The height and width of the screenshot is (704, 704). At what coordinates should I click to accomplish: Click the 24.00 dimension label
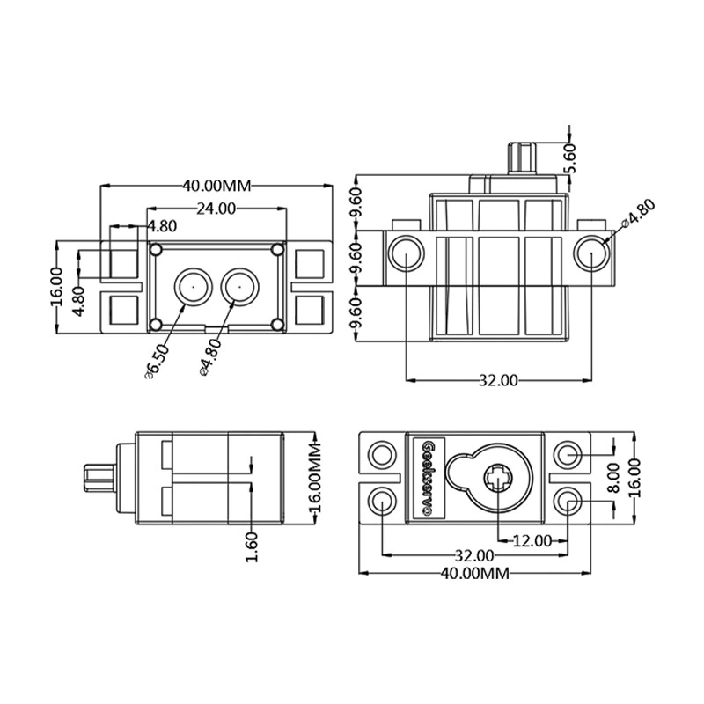(x=216, y=209)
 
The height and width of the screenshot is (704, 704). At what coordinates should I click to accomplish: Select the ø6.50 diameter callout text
(x=157, y=363)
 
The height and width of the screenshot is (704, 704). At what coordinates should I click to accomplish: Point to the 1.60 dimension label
(x=252, y=546)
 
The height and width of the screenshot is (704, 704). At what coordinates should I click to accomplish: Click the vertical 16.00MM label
(x=315, y=477)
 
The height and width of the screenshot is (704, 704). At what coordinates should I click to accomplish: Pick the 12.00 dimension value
(x=532, y=541)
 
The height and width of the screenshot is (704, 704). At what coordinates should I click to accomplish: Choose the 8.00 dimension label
(x=613, y=478)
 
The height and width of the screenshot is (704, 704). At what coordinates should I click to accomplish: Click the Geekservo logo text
(x=429, y=479)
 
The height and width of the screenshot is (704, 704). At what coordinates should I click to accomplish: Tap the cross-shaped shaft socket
(x=498, y=479)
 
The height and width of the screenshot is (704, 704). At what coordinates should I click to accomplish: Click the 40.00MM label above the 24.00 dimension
(x=216, y=186)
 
